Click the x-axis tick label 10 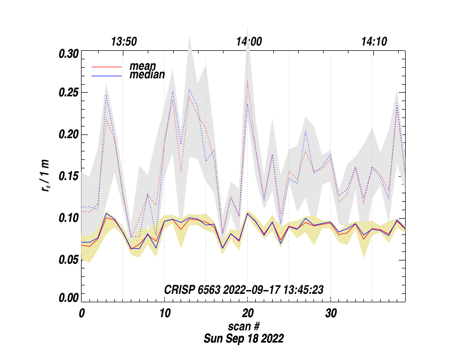tap(164, 313)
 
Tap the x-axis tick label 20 tap(247, 313)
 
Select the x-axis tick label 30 tap(330, 313)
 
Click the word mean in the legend tap(142, 67)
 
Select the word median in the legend tap(147, 75)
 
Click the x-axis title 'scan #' tap(243, 325)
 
